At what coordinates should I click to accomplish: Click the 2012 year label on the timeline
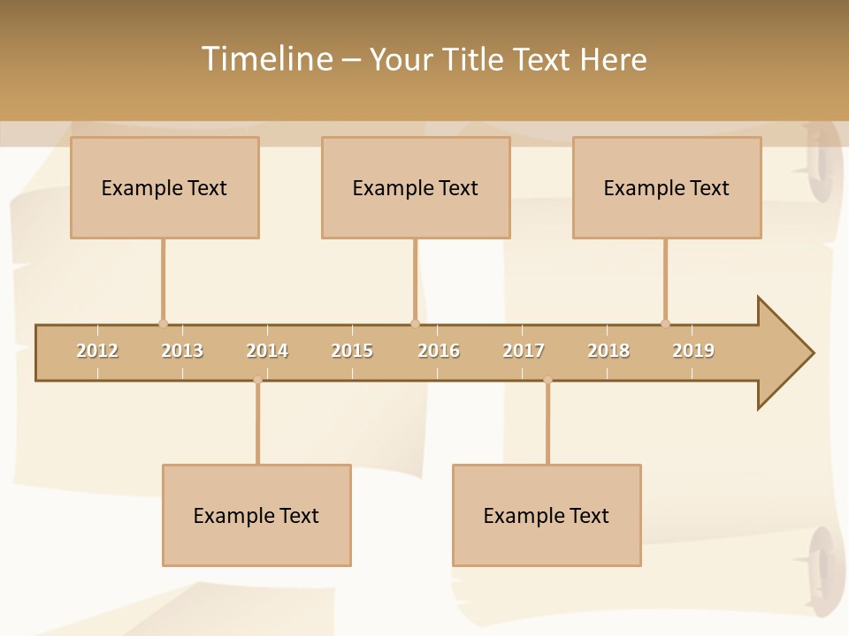tap(97, 351)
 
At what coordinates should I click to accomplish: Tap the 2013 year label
tap(182, 351)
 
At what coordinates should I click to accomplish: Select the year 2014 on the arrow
tap(267, 351)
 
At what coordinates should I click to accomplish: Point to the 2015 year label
tap(352, 351)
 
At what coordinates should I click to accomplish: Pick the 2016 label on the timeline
tap(439, 351)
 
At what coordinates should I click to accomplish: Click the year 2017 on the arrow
tap(524, 351)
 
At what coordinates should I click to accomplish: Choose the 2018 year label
tap(608, 351)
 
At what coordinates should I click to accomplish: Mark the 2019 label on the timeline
tap(693, 351)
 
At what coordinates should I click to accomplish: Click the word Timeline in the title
tap(264, 59)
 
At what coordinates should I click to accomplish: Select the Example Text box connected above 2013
tap(164, 187)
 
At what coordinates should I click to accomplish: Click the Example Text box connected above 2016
tap(416, 187)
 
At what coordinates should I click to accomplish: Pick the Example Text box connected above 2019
tap(667, 187)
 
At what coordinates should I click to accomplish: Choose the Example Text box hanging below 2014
tap(256, 515)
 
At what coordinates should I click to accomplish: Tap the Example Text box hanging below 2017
tap(547, 515)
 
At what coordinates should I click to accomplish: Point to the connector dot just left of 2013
tap(163, 323)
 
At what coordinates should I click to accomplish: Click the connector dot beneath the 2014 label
tap(257, 380)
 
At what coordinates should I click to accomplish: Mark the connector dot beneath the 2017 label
tap(547, 380)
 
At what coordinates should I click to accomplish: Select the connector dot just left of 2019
tap(665, 323)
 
